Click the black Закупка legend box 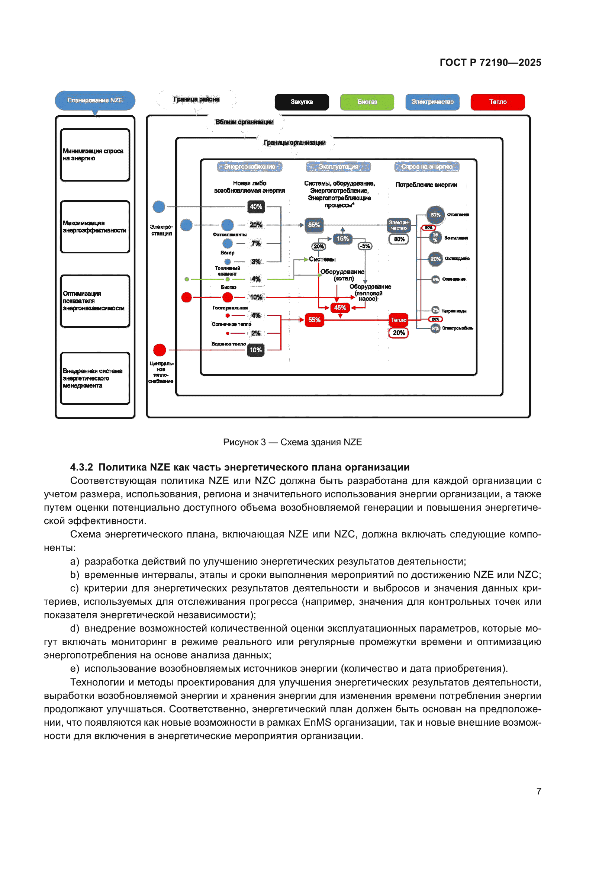tap(302, 102)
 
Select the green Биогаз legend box tap(367, 102)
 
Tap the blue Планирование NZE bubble tap(95, 100)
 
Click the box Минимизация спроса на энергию tap(95, 155)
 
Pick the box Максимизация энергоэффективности tap(95, 227)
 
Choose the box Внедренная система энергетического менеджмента tap(95, 378)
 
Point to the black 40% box tap(256, 206)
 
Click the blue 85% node tap(314, 225)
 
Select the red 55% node tap(314, 320)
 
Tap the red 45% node tap(340, 307)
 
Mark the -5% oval tap(365, 246)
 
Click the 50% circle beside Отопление tap(435, 215)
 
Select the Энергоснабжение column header tap(249, 167)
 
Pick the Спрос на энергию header tap(427, 167)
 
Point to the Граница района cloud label tap(196, 99)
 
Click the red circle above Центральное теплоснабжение tap(160, 350)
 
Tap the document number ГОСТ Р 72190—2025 tap(490, 62)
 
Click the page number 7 tap(538, 791)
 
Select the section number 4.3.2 tap(81, 467)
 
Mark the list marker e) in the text tap(75, 669)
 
